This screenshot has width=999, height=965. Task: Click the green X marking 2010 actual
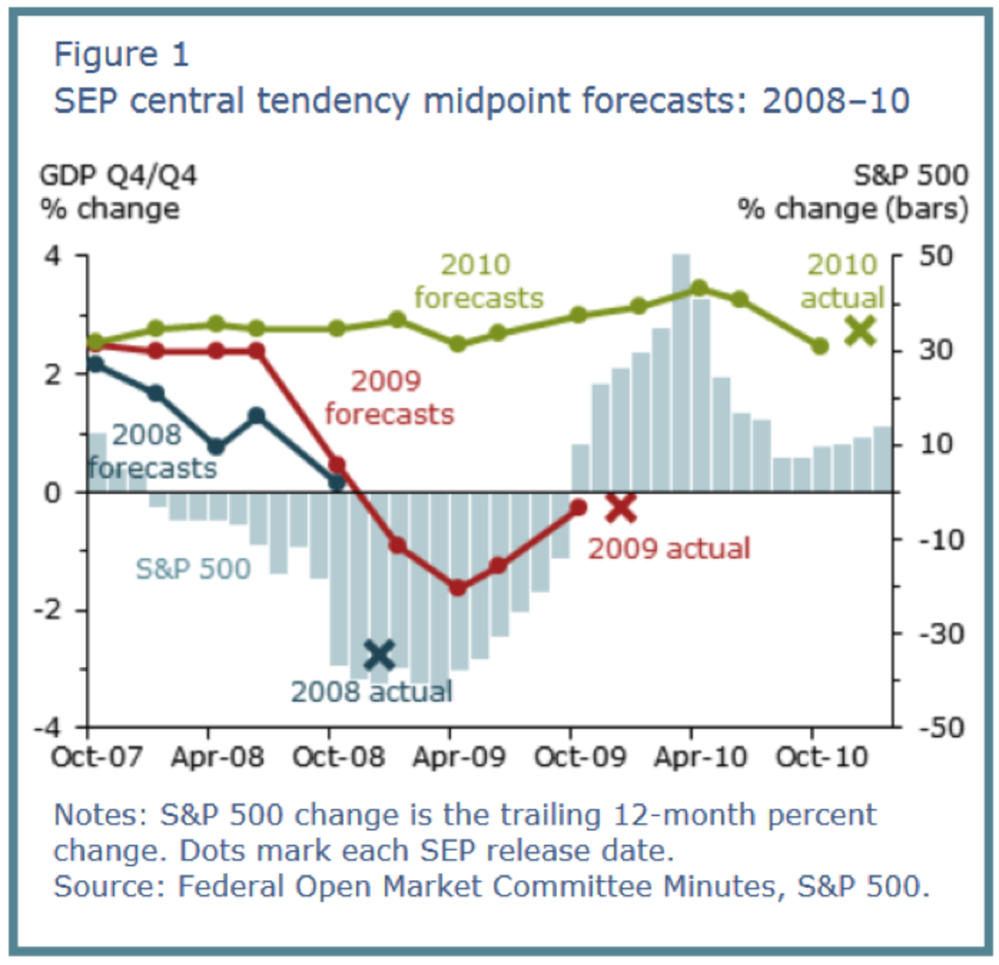click(x=860, y=331)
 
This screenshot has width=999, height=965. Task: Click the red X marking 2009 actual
click(x=621, y=507)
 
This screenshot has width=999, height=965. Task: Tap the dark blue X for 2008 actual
click(x=380, y=655)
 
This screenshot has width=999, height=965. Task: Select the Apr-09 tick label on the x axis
click(x=459, y=757)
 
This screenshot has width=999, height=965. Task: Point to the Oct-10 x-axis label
click(x=822, y=757)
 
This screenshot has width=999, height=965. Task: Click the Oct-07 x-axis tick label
click(x=97, y=757)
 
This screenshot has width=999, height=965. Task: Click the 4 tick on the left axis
click(x=52, y=255)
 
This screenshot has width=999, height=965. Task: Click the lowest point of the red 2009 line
click(x=457, y=588)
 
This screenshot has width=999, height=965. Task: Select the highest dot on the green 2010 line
click(x=699, y=288)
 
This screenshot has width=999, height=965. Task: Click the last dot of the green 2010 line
click(x=819, y=346)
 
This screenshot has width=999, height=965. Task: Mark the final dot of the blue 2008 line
click(x=336, y=481)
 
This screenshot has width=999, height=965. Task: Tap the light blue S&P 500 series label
click(x=193, y=569)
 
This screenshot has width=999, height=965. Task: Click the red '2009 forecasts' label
click(x=389, y=398)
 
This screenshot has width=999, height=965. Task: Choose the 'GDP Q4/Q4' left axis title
click(x=118, y=176)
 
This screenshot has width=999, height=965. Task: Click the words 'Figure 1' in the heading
click(x=122, y=55)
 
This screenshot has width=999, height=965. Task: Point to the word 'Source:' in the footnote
click(x=110, y=886)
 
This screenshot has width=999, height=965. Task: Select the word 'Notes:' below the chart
click(x=102, y=814)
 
